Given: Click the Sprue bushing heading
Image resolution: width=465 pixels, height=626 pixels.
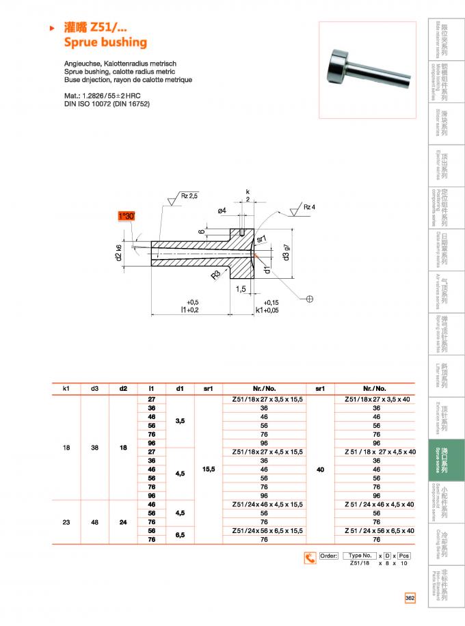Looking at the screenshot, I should pyautogui.click(x=105, y=42).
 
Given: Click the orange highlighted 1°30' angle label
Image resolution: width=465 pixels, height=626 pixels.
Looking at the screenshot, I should pyautogui.click(x=127, y=217).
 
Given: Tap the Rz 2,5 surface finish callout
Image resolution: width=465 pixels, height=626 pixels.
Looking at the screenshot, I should pyautogui.click(x=189, y=196).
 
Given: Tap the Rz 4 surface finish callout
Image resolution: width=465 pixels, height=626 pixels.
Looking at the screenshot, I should pyautogui.click(x=308, y=207).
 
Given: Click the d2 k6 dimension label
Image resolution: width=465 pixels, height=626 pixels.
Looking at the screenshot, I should pyautogui.click(x=118, y=252).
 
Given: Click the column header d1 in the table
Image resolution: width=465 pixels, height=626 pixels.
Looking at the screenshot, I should pyautogui.click(x=179, y=388).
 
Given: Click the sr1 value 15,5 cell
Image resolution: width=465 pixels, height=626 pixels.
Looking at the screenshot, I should pyautogui.click(x=208, y=469).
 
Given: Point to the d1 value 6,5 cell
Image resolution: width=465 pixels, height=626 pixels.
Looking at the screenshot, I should pyautogui.click(x=179, y=534).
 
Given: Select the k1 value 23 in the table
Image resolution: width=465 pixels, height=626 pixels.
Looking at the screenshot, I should pyautogui.click(x=66, y=521).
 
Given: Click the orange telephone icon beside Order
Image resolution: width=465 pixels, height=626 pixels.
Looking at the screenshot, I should pyautogui.click(x=310, y=558).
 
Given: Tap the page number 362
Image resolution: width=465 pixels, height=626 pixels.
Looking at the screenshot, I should pyautogui.click(x=410, y=598).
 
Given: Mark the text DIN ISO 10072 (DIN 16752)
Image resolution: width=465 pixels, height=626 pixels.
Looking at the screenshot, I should pyautogui.click(x=107, y=104).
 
